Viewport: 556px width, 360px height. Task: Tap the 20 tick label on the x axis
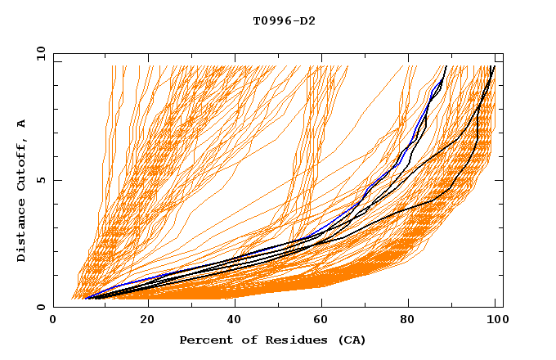147,321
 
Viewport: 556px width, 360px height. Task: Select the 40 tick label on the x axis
235,321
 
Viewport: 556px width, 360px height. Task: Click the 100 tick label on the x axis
496,321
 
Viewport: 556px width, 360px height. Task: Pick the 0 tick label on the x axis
54,321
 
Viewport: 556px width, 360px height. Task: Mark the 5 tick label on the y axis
40,180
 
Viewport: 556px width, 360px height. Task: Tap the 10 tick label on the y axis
37,53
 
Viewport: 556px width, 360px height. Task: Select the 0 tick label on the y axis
40,307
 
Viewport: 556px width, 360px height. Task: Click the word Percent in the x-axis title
204,340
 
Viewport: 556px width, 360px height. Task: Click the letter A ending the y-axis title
22,124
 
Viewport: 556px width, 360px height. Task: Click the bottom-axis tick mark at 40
235,304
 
